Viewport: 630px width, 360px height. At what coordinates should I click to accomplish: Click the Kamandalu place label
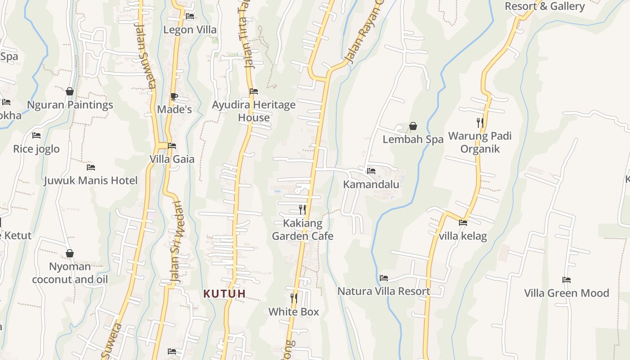pos(371,184)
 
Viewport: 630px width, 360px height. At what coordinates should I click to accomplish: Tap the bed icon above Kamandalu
pos(371,171)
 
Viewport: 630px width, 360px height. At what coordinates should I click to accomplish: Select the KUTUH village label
pos(225,294)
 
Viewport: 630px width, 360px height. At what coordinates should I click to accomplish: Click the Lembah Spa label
pos(413,139)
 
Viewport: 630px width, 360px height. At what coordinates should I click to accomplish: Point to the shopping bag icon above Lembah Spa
pos(413,126)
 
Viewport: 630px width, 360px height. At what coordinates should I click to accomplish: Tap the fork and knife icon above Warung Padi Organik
pos(480,122)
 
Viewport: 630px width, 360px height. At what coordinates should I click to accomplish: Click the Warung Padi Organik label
pos(480,142)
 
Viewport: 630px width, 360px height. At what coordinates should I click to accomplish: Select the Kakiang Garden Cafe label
pos(302,229)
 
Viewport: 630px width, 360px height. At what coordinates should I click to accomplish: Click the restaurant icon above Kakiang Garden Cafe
pos(302,210)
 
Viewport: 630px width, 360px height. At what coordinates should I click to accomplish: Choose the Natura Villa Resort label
pos(384,291)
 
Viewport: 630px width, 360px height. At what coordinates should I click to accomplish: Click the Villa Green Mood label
pos(566,293)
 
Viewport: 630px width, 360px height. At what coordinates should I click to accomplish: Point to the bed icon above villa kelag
pos(463,222)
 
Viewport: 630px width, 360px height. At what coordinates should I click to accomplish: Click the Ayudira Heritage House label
pos(254,111)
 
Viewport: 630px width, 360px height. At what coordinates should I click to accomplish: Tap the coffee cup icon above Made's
pos(174,96)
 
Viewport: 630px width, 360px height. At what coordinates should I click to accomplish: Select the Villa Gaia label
pos(172,159)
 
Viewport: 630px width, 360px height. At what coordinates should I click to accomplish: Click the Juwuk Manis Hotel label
pos(91,180)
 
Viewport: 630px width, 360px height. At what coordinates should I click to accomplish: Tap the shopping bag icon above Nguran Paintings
pos(70,92)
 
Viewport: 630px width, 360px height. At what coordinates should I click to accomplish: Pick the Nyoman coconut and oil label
pos(70,273)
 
